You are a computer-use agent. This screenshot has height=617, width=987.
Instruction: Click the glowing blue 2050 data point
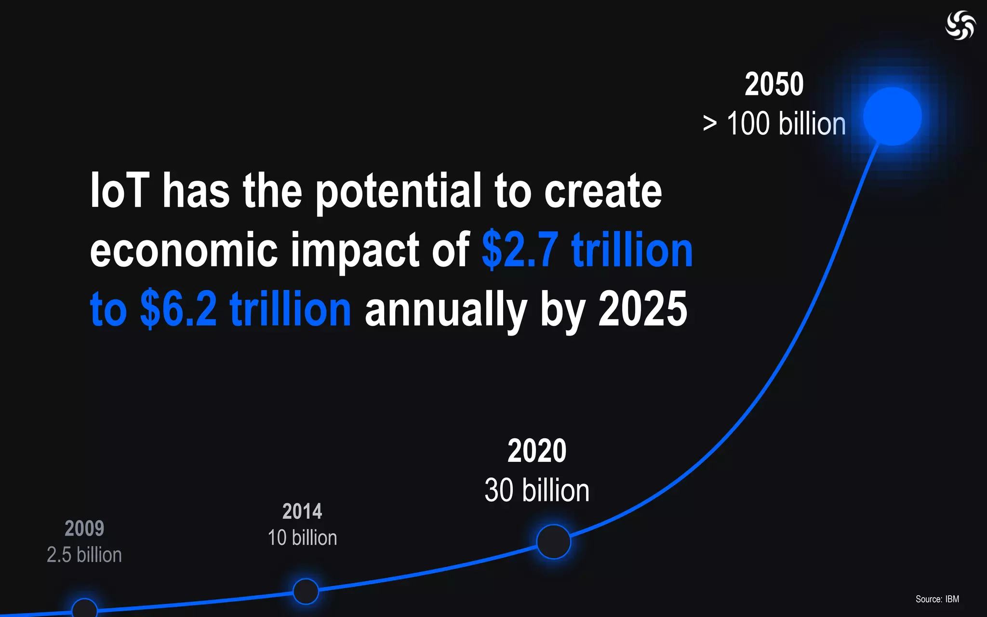pyautogui.click(x=892, y=116)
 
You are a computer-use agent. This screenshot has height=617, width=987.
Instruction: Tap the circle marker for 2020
pyautogui.click(x=553, y=541)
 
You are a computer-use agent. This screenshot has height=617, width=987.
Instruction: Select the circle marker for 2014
pyautogui.click(x=306, y=591)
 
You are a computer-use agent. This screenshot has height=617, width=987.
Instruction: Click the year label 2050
pyautogui.click(x=774, y=84)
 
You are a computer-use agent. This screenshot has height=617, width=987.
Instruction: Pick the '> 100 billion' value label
pyautogui.click(x=774, y=124)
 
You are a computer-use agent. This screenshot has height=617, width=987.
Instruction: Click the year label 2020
pyautogui.click(x=537, y=451)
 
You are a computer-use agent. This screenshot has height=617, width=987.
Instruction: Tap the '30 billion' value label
pyautogui.click(x=537, y=490)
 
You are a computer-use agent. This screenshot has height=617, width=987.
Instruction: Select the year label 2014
pyautogui.click(x=302, y=511)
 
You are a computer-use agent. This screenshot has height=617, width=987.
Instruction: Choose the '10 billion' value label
pyautogui.click(x=302, y=538)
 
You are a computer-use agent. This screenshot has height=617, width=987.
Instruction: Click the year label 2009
pyautogui.click(x=84, y=529)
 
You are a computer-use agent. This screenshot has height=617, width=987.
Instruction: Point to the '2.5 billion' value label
pyautogui.click(x=84, y=555)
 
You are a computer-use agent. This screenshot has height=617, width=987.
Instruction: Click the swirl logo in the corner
pyautogui.click(x=960, y=25)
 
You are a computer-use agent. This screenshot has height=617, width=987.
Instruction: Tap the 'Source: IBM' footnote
pyautogui.click(x=937, y=599)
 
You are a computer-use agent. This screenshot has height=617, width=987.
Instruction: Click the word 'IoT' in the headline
pyautogui.click(x=120, y=191)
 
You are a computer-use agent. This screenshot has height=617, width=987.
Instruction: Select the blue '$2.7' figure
pyautogui.click(x=520, y=250)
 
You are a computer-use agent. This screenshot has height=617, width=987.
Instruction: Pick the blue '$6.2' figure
pyautogui.click(x=179, y=309)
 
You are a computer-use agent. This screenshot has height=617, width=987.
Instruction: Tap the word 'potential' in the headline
pyautogui.click(x=398, y=191)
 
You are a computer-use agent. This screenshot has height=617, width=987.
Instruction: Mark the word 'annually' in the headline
pyautogui.click(x=446, y=309)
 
